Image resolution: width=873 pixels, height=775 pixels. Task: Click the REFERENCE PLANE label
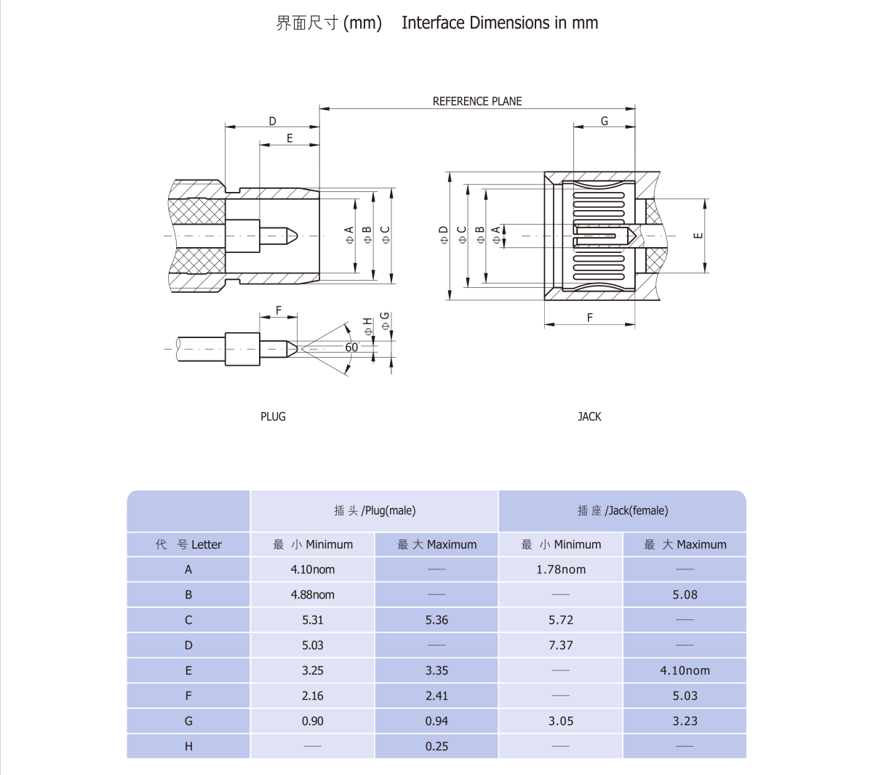477,101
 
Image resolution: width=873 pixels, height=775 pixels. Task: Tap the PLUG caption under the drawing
273,417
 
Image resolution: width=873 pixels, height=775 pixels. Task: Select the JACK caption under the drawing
589,417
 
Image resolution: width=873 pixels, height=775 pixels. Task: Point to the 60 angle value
351,347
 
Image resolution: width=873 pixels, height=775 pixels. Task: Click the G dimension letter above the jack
605,121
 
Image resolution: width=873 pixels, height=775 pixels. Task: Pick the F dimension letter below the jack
590,317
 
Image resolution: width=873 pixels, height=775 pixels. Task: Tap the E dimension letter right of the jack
698,235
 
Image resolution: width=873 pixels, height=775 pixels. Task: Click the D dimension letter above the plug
272,121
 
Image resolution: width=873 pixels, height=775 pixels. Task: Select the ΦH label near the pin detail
367,326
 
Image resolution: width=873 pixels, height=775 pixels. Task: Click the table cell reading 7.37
561,645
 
